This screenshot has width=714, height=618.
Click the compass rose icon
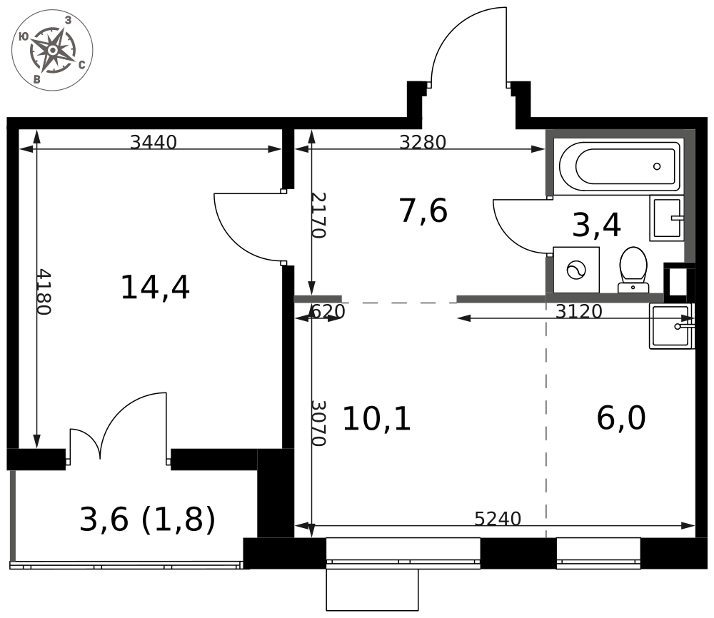point(52,50)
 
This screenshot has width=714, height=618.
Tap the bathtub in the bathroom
point(619,166)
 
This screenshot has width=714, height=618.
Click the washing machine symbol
point(576,270)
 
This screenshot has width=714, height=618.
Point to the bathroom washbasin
point(667,218)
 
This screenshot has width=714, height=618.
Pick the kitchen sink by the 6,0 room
point(672,326)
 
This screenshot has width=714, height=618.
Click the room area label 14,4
point(155,288)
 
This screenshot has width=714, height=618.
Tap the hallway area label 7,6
point(423,211)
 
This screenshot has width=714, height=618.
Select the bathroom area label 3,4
point(596,226)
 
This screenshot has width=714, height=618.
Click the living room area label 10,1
point(376,419)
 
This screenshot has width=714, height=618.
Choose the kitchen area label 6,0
point(621,418)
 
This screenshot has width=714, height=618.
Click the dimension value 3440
point(154,143)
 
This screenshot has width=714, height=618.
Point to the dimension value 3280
point(423,143)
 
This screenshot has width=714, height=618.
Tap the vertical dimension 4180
point(44,292)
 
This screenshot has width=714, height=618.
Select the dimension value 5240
point(498,519)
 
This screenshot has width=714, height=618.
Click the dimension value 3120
point(579,311)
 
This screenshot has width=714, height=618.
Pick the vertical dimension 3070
point(318,423)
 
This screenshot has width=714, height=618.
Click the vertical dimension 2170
point(318,216)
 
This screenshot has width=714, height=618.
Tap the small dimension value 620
point(328,312)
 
